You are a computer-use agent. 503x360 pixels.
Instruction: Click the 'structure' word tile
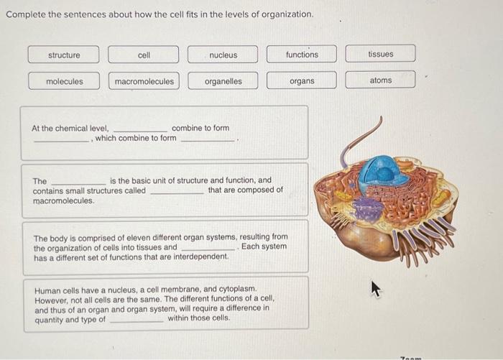coord(64,55)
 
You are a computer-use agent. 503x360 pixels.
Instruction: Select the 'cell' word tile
coord(144,55)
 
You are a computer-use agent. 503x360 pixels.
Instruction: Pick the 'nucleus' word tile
coord(223,55)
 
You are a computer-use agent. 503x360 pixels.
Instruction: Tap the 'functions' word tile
coord(302,55)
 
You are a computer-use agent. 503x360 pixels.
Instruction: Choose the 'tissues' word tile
coord(380,54)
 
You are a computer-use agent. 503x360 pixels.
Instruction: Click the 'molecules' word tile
coord(64,81)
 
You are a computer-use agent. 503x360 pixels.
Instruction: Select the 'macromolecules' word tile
coord(144,81)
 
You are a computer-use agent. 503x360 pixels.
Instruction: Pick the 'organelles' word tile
coord(223,81)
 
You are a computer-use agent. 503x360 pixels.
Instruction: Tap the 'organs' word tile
coord(302,81)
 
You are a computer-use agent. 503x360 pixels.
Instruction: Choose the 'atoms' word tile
coord(380,80)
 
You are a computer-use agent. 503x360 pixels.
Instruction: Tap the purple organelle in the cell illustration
coord(369,209)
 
